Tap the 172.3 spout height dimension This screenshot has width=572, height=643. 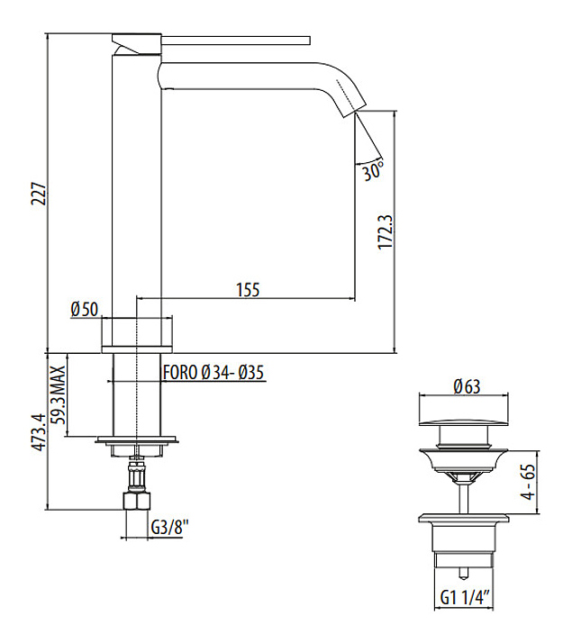coord(385,231)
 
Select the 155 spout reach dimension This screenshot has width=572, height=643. coord(248,289)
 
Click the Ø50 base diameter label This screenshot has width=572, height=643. coord(84,309)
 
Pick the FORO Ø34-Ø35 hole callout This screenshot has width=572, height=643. coord(213,372)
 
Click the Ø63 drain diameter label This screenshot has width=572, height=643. coord(466,386)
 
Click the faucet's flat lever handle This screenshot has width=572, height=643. coord(216,39)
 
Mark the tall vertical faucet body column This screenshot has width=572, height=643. coord(135,180)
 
